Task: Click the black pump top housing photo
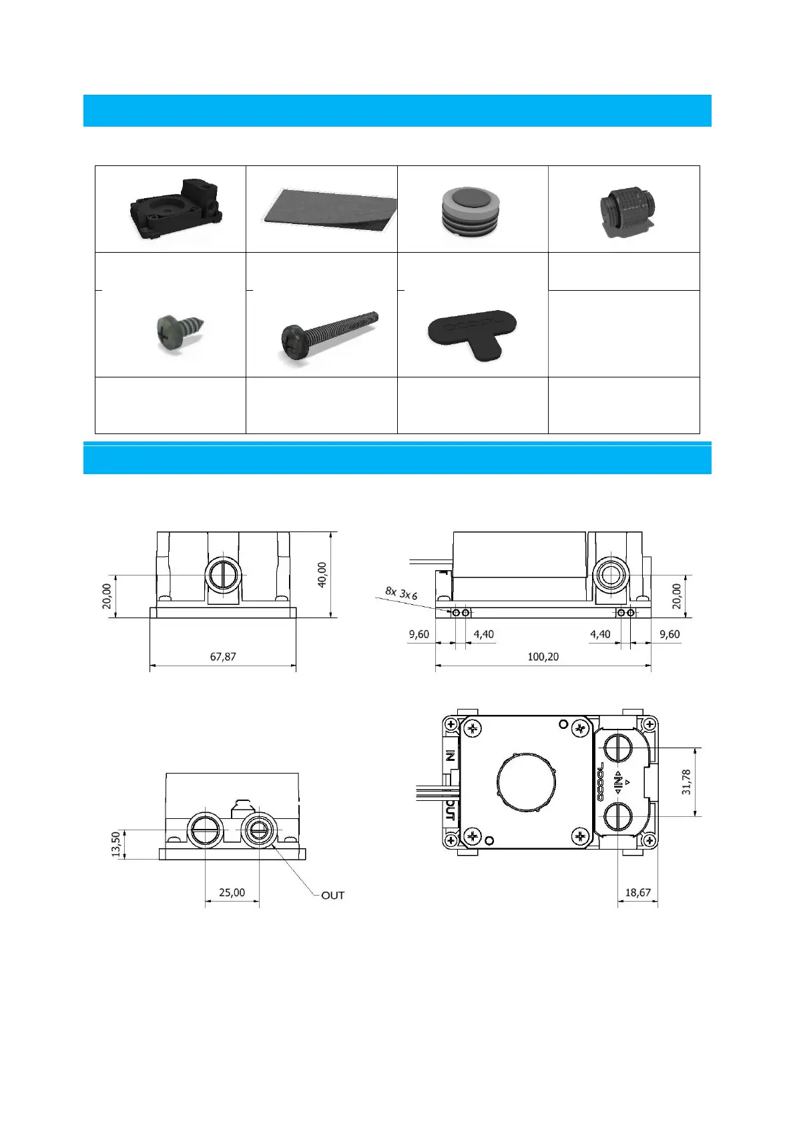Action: (176, 209)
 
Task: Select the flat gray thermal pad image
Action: (329, 209)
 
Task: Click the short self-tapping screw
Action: (181, 333)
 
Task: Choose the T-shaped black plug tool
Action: (472, 334)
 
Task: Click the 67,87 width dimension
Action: (223, 656)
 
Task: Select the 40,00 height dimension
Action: (322, 575)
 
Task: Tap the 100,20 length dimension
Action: (543, 656)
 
